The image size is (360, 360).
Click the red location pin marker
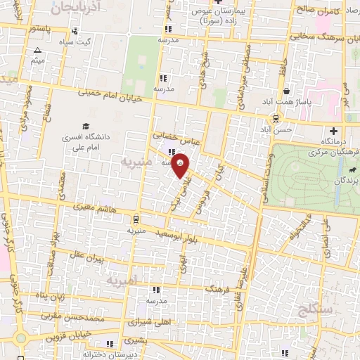coord(182,167)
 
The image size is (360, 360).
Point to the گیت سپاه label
coord(96,41)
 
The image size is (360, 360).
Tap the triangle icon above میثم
coord(37,50)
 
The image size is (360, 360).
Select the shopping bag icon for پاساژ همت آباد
coord(285,91)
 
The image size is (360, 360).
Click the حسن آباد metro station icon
coord(276,118)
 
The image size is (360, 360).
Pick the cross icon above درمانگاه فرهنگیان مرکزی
coord(333,131)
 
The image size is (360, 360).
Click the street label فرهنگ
coord(214,288)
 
